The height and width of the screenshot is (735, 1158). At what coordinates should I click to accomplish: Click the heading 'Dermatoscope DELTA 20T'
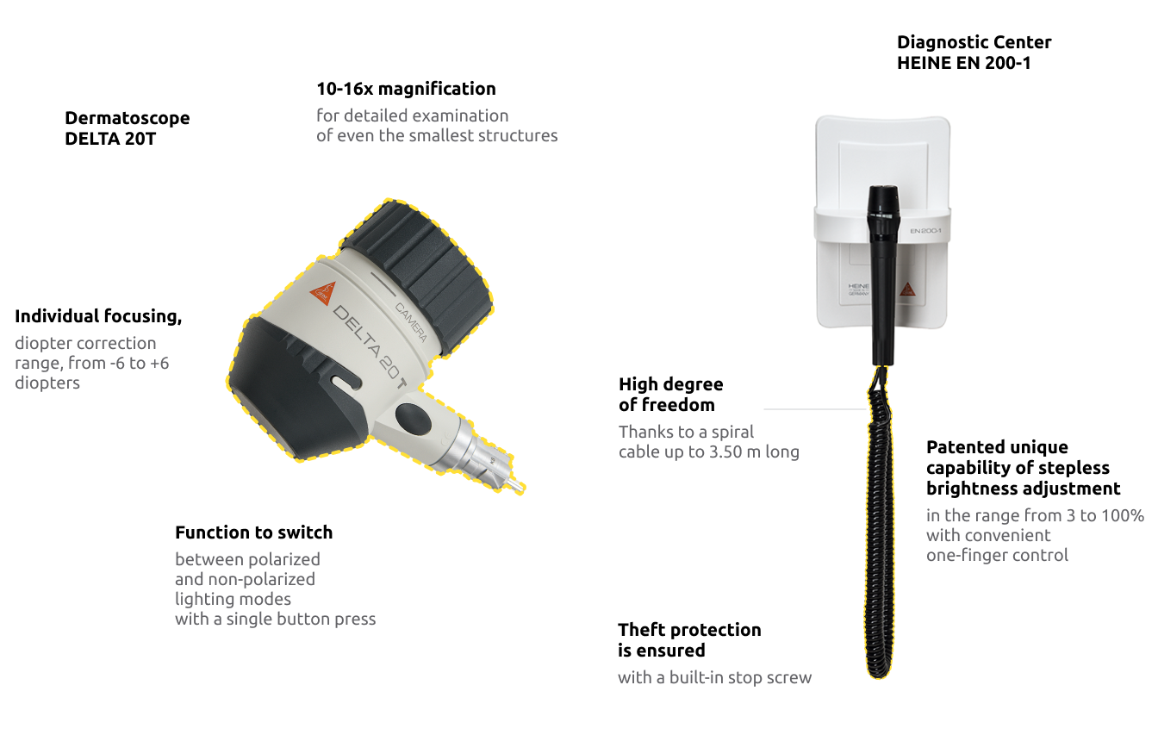pyautogui.click(x=128, y=128)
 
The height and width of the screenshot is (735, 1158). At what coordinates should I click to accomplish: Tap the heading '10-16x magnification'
pyautogui.click(x=406, y=89)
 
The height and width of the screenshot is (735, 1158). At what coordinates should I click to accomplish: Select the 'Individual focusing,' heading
pyautogui.click(x=98, y=316)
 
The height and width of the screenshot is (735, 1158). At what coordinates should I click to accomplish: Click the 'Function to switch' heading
pyautogui.click(x=253, y=533)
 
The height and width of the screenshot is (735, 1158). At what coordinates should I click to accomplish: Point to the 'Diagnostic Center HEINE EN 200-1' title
pyautogui.click(x=974, y=53)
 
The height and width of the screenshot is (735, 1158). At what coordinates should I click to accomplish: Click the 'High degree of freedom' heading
pyautogui.click(x=670, y=395)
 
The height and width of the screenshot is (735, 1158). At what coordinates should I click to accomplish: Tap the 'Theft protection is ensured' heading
pyautogui.click(x=689, y=640)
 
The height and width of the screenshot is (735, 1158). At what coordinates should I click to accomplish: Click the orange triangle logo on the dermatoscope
pyautogui.click(x=321, y=292)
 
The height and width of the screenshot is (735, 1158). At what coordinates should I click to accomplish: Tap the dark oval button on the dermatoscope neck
pyautogui.click(x=414, y=419)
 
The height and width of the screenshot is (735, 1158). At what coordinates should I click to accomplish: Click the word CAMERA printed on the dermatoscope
pyautogui.click(x=411, y=321)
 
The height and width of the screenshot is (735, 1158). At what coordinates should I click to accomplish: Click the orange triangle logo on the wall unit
pyautogui.click(x=906, y=290)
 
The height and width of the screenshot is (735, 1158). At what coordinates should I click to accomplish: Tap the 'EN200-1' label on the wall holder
pyautogui.click(x=925, y=231)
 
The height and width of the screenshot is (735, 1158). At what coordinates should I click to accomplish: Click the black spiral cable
pyautogui.click(x=879, y=534)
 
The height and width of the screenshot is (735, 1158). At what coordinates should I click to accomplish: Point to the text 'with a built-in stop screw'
pyautogui.click(x=714, y=678)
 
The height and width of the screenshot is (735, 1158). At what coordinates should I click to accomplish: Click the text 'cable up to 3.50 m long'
pyautogui.click(x=708, y=452)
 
